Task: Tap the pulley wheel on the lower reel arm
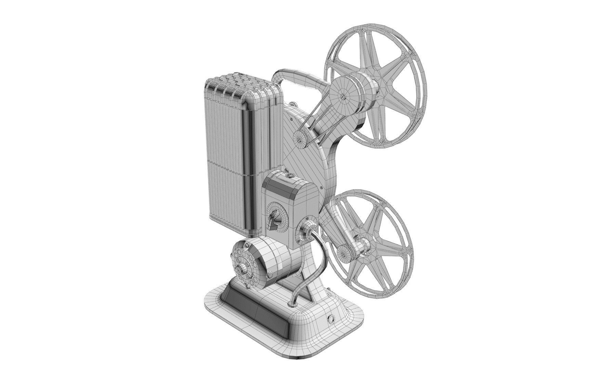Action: (344, 253)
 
